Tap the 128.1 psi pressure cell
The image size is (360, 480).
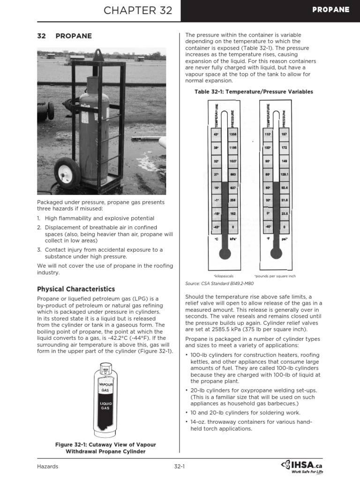pos(284,174)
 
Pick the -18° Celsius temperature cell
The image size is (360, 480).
pos(217,213)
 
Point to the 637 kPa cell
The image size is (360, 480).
pos(233,187)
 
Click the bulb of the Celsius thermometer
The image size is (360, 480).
pos(225,254)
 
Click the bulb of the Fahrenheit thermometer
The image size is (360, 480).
pos(276,254)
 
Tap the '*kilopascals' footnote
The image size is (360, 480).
pos(223,276)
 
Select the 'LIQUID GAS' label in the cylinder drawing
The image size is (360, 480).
pos(105,405)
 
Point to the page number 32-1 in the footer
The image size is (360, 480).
pos(180,466)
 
